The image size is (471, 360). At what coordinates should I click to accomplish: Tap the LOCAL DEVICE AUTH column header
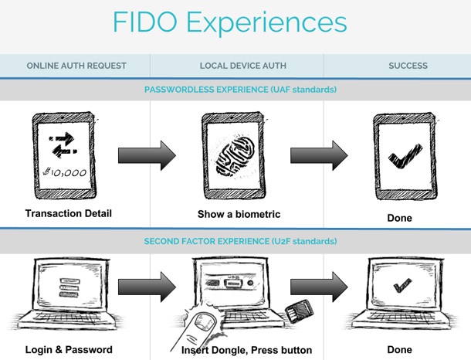click(x=236, y=66)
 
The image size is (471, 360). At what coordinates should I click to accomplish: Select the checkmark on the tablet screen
click(x=405, y=158)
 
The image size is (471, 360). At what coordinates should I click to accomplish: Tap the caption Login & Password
click(x=69, y=350)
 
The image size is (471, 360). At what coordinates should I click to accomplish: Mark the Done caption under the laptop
click(x=399, y=350)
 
